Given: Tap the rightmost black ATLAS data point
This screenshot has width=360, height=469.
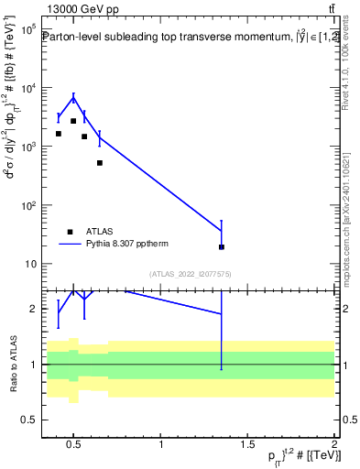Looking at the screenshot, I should [x=222, y=246].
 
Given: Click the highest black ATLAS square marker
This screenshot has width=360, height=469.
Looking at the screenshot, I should [x=73, y=121].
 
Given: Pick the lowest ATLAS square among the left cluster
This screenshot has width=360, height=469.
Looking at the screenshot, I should [x=100, y=163].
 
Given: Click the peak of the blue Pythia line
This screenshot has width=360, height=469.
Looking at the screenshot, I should [x=73, y=98].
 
